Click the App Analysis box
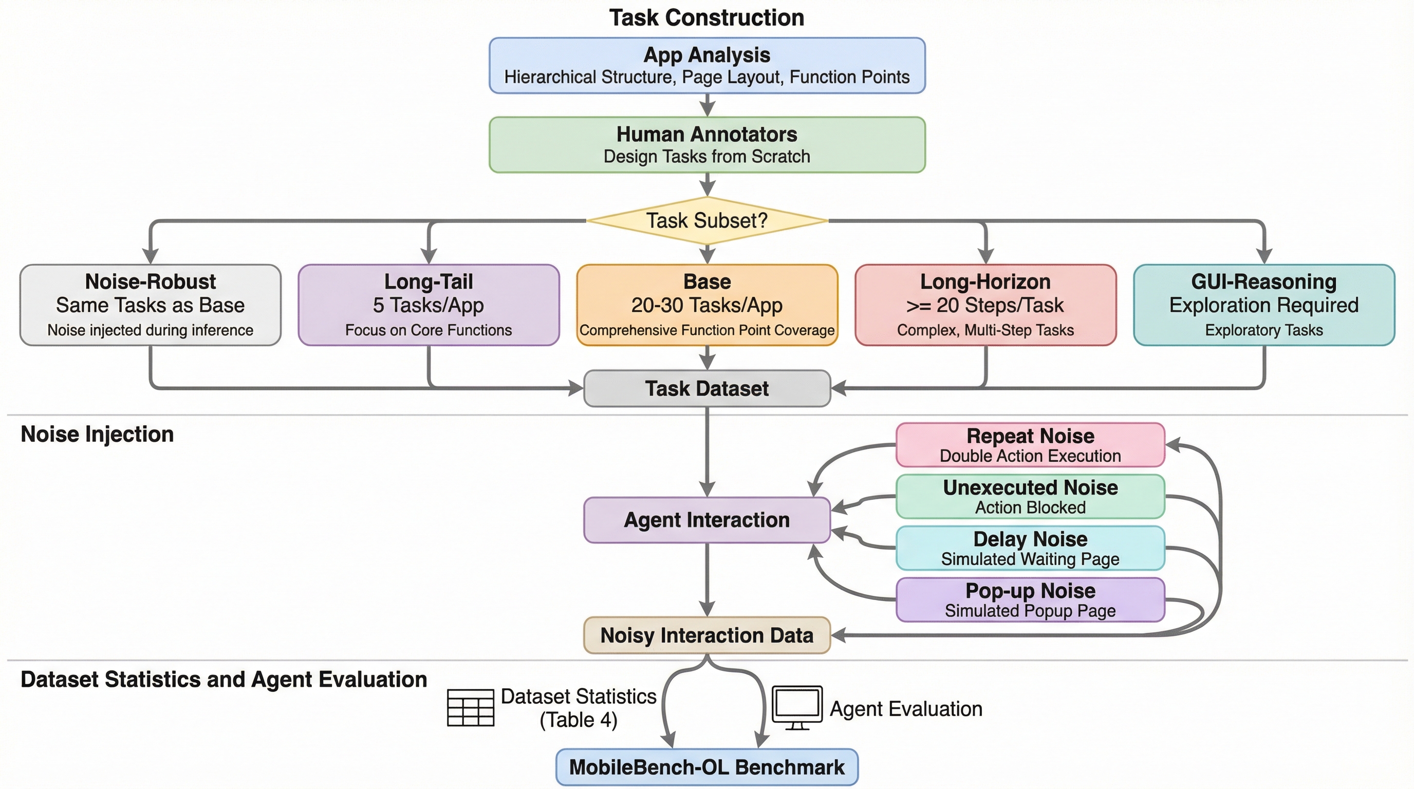707,65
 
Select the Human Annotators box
707,145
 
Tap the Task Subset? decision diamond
707,220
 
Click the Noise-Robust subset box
151,305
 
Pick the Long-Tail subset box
429,305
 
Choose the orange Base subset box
707,305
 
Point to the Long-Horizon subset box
985,305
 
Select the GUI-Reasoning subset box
1263,305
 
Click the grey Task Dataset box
707,388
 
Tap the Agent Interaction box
707,520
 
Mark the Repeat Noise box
1030,445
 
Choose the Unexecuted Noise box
1030,497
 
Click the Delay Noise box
1030,548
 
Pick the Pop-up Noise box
1030,599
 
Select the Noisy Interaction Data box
707,635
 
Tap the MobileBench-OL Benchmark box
707,767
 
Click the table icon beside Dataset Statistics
471,708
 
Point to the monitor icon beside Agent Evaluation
797,707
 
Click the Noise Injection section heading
97,435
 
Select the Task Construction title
706,17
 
